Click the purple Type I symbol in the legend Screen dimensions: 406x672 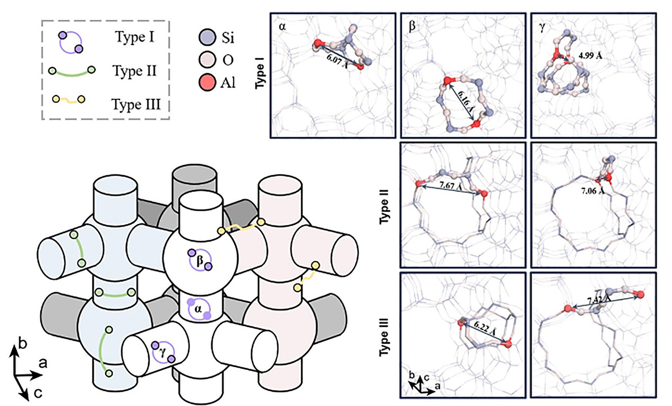click(71, 42)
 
